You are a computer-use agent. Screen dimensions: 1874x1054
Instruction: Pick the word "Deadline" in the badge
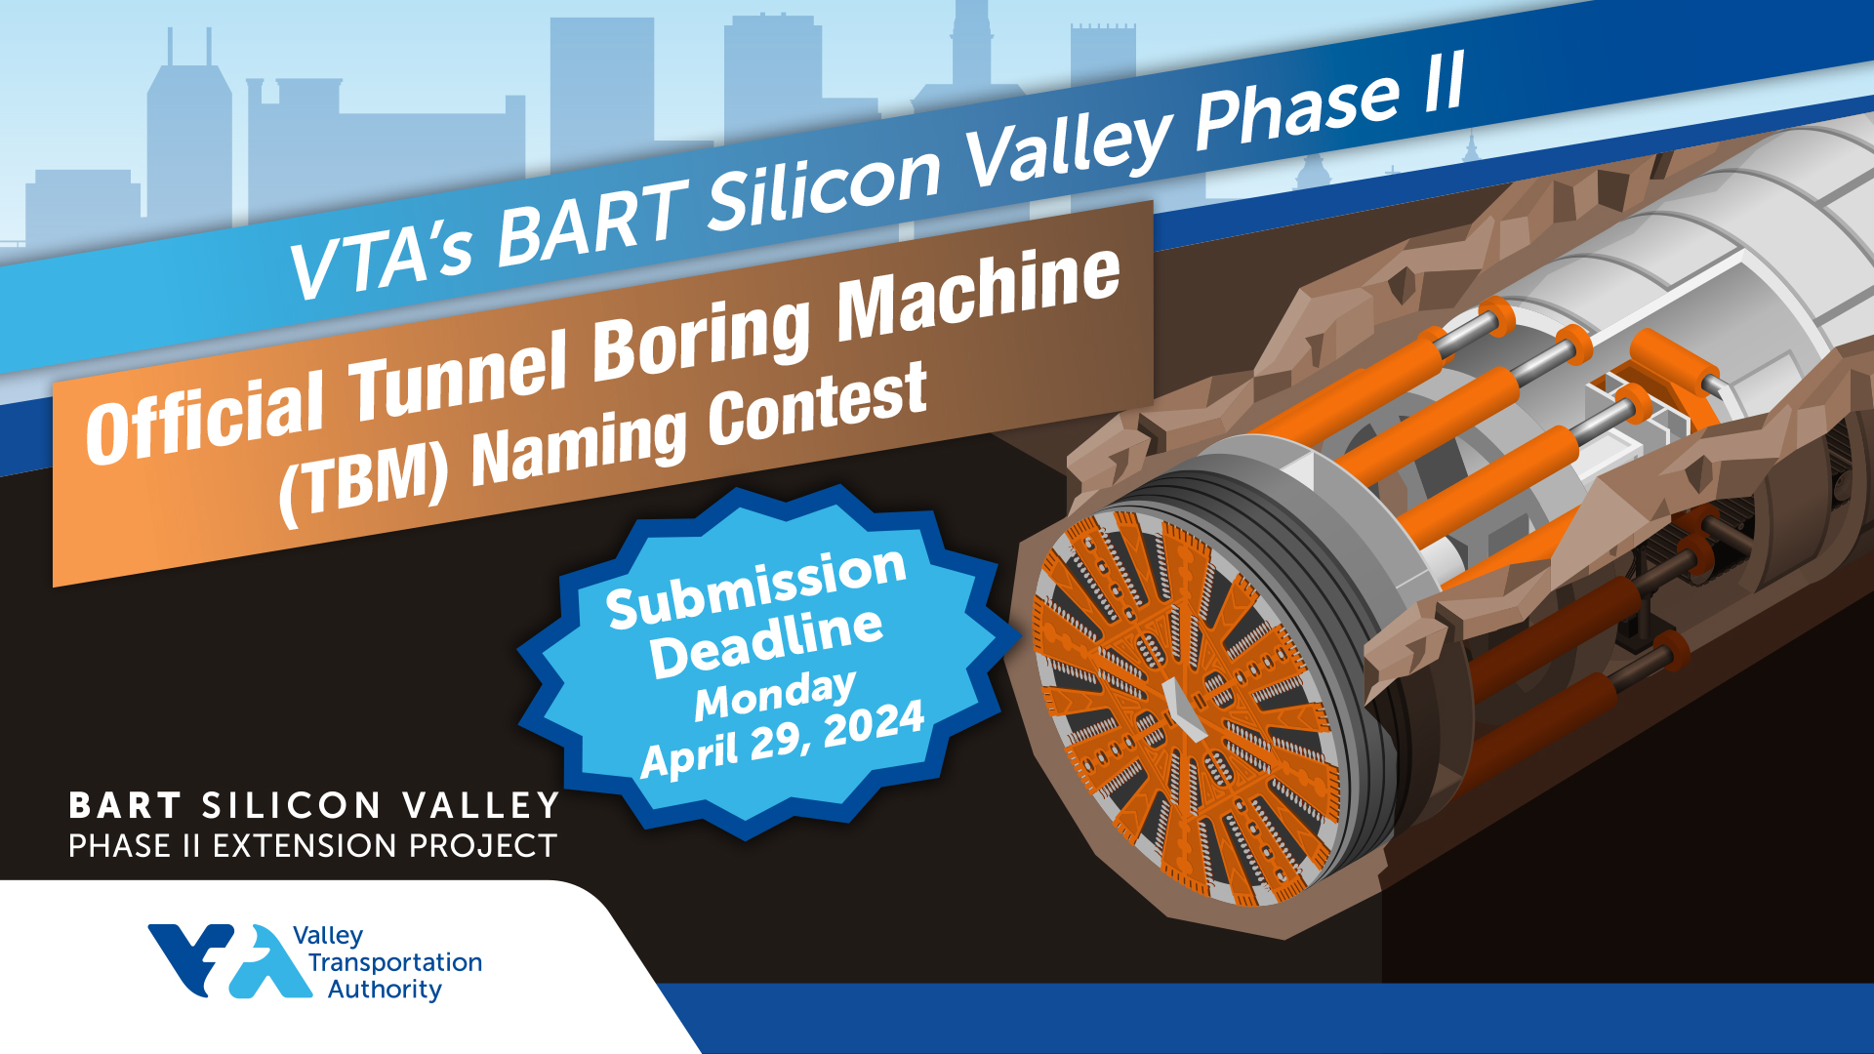tap(767, 642)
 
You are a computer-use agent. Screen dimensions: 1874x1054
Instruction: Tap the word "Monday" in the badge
tap(775, 694)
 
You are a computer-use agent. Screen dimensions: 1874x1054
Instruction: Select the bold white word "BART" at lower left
tap(125, 806)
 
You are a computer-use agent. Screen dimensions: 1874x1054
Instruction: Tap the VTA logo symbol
tap(230, 960)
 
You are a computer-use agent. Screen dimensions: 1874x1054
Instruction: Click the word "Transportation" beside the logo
tap(395, 962)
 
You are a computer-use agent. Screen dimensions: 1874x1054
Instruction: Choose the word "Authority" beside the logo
tap(385, 990)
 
